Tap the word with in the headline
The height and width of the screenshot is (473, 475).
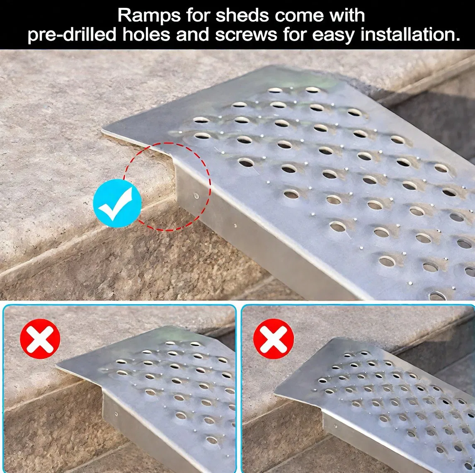pos(347,16)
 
